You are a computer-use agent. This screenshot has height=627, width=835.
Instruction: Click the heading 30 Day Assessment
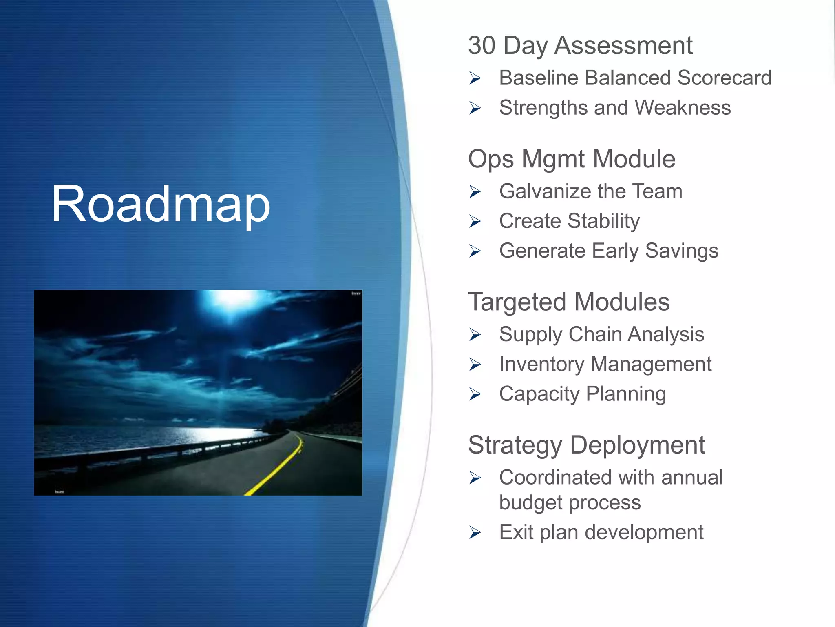pyautogui.click(x=580, y=45)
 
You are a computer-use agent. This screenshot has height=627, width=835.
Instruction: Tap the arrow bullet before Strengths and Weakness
pyautogui.click(x=475, y=108)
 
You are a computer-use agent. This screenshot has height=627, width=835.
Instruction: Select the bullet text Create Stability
pyautogui.click(x=569, y=221)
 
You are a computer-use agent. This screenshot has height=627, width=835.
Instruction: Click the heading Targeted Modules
pyautogui.click(x=568, y=302)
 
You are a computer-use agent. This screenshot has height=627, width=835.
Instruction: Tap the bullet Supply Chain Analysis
pyautogui.click(x=601, y=334)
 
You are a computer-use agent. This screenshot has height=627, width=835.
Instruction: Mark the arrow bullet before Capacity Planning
pyautogui.click(x=475, y=394)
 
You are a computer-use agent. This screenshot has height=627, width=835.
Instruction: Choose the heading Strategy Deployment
pyautogui.click(x=586, y=445)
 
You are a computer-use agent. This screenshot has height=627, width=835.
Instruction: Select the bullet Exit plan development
pyautogui.click(x=601, y=532)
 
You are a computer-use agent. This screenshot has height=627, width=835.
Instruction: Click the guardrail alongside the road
pyautogui.click(x=163, y=453)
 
